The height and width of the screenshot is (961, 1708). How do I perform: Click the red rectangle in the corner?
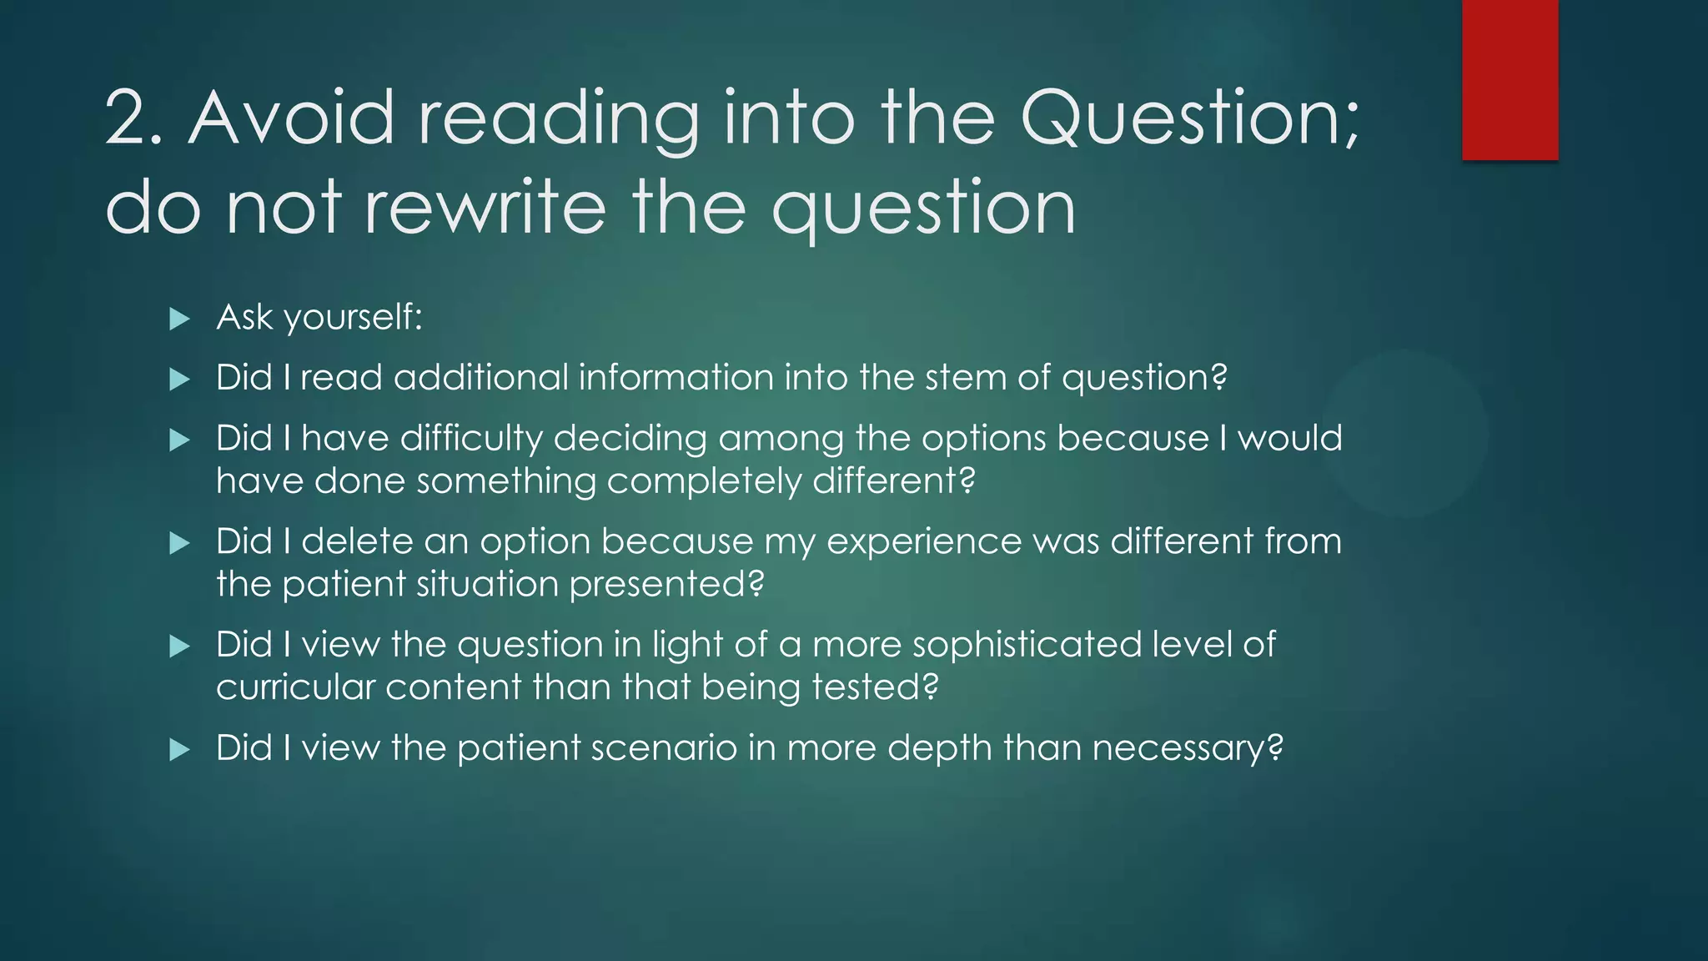pos(1510,80)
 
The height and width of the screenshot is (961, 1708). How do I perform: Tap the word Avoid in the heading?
pos(291,118)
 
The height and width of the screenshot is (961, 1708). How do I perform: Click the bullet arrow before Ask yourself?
pos(179,319)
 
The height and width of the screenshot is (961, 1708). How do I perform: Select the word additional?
pos(480,378)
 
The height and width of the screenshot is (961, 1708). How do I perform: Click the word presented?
pos(666,584)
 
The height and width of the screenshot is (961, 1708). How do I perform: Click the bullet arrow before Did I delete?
pos(179,544)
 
